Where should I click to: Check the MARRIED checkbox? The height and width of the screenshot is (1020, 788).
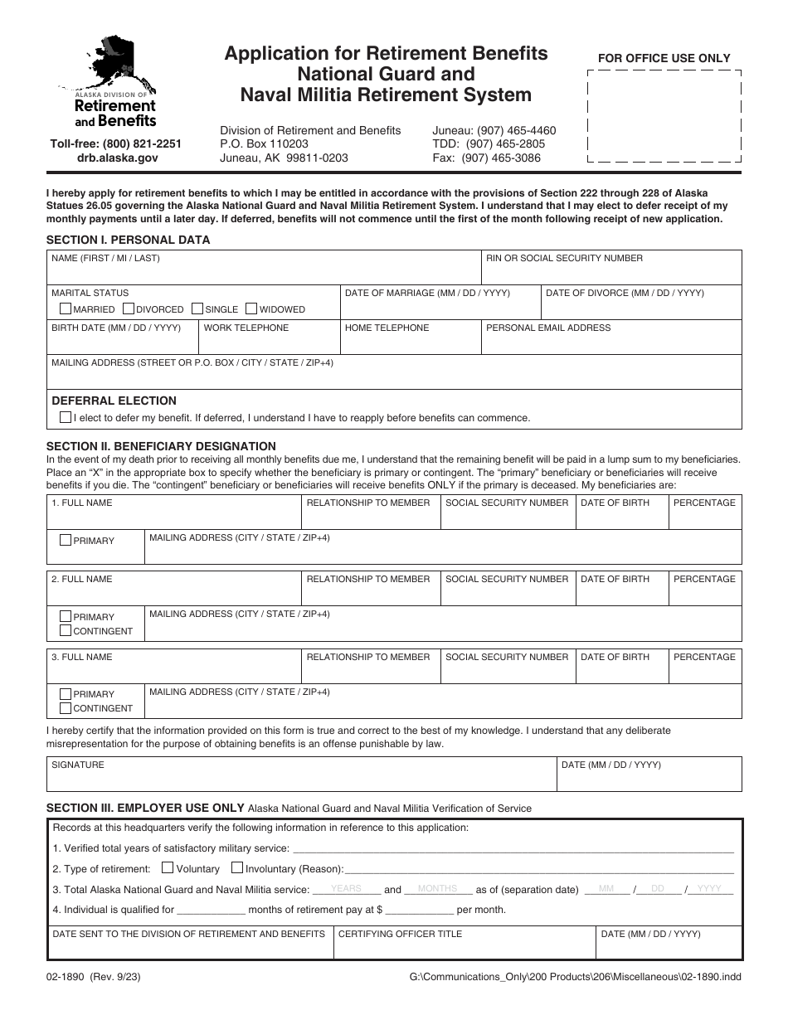click(x=66, y=308)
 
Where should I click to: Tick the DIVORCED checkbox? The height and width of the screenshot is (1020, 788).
click(x=129, y=308)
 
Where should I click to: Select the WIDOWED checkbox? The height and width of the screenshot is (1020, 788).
click(x=251, y=308)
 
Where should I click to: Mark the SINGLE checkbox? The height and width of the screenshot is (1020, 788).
click(x=197, y=308)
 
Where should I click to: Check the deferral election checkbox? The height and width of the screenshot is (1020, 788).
click(x=66, y=417)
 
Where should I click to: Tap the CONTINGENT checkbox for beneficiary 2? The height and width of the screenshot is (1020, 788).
click(x=66, y=631)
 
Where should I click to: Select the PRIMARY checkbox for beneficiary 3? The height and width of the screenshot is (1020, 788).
click(x=66, y=693)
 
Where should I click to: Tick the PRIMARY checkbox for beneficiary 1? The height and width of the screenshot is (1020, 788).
click(x=66, y=540)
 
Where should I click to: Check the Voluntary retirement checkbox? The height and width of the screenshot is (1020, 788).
click(x=168, y=868)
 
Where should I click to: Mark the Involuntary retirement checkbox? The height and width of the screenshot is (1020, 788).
click(x=237, y=868)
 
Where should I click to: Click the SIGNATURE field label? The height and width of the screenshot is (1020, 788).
click(x=78, y=765)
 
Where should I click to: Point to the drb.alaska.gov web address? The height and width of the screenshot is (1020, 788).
click(x=117, y=158)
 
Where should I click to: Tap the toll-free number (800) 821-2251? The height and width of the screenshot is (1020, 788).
click(x=115, y=143)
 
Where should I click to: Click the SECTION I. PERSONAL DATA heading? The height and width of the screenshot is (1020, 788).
click(x=129, y=240)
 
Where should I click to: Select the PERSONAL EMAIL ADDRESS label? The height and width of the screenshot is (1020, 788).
click(x=548, y=328)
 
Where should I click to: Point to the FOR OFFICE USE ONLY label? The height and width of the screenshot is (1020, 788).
click(x=664, y=58)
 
